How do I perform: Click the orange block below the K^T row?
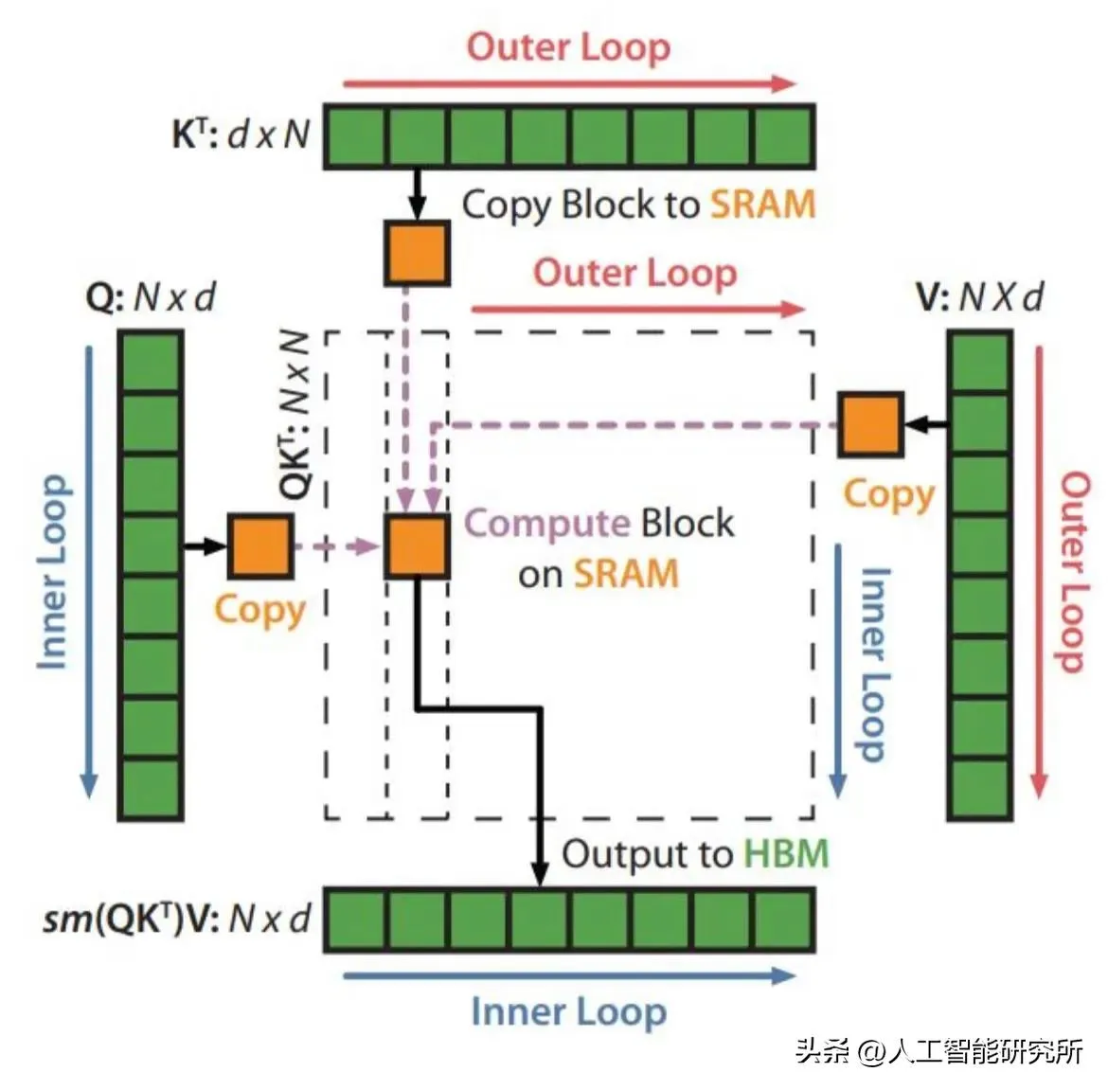pyautogui.click(x=417, y=253)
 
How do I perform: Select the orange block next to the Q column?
pyautogui.click(x=260, y=546)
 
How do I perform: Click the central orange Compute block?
pyautogui.click(x=417, y=546)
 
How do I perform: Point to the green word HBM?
pyautogui.click(x=786, y=853)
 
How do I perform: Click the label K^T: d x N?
pyautogui.click(x=241, y=134)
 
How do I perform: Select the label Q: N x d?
pyautogui.click(x=151, y=297)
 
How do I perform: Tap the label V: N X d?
pyautogui.click(x=979, y=297)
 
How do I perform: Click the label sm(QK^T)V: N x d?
pyautogui.click(x=177, y=919)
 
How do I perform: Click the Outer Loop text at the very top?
pyautogui.click(x=568, y=46)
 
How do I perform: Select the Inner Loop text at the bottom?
pyautogui.click(x=568, y=1011)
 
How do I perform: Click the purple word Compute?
pyautogui.click(x=546, y=523)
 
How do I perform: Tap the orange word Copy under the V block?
pyautogui.click(x=888, y=494)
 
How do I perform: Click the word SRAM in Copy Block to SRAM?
pyautogui.click(x=762, y=204)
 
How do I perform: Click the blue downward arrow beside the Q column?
pyautogui.click(x=89, y=568)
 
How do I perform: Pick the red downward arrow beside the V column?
pyautogui.click(x=1040, y=568)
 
